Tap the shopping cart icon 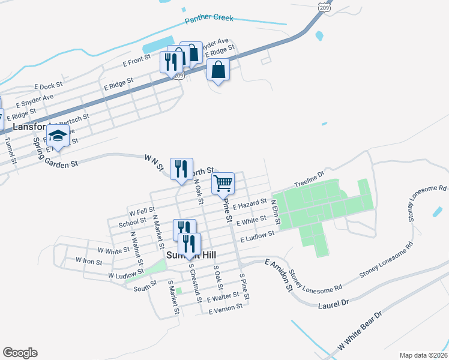pyautogui.click(x=223, y=184)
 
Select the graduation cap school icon pyautogui.click(x=58, y=138)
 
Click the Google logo pyautogui.click(x=20, y=353)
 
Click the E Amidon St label pyautogui.click(x=278, y=275)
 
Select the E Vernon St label pyautogui.click(x=225, y=308)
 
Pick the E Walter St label pyautogui.click(x=223, y=297)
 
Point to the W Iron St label pyautogui.click(x=89, y=260)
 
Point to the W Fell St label pyautogui.click(x=142, y=211)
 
